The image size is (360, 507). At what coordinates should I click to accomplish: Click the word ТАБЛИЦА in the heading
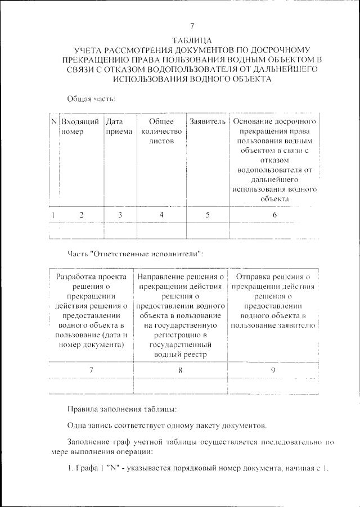point(192,40)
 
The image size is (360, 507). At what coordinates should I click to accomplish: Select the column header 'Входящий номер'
point(80,126)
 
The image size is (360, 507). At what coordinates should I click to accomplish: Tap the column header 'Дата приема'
point(119,126)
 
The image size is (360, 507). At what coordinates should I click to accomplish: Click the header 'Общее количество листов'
point(161,131)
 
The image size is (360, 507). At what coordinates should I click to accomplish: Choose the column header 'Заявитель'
point(208,121)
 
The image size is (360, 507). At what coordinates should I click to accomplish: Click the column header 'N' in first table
point(54,121)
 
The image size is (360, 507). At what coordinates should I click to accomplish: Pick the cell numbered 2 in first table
point(81,214)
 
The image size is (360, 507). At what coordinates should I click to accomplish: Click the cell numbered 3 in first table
point(119,214)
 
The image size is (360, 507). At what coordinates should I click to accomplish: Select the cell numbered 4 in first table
point(161,214)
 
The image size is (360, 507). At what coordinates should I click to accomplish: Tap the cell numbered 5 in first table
point(208,214)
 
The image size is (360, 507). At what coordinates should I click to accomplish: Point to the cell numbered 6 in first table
point(274,214)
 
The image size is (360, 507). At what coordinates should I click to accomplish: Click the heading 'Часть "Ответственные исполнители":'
point(135,254)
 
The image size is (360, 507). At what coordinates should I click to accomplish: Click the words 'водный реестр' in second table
point(180,354)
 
